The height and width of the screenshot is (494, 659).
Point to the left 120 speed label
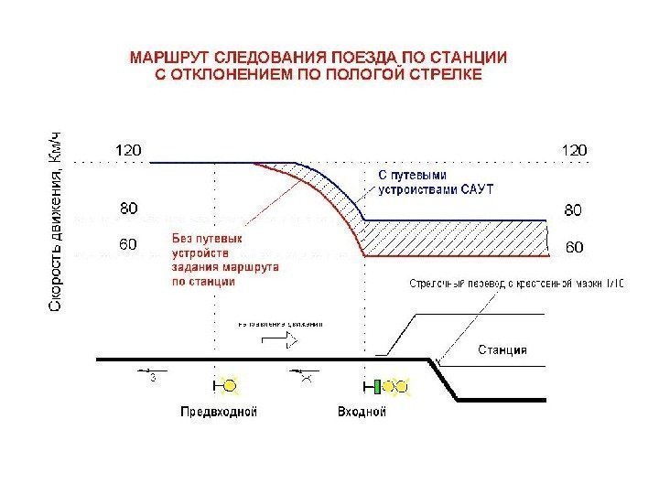coord(128,148)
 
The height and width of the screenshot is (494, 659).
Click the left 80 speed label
coord(129,209)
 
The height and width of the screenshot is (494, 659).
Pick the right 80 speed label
coord(574,210)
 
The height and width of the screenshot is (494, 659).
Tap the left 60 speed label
coord(129,244)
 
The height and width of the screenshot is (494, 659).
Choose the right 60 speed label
coord(574,247)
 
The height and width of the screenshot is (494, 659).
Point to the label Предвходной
coord(218,412)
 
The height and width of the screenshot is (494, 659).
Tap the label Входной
coord(362,412)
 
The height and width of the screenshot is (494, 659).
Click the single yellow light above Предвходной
coord(229,386)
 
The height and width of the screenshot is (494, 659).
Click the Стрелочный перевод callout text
coord(516,285)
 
